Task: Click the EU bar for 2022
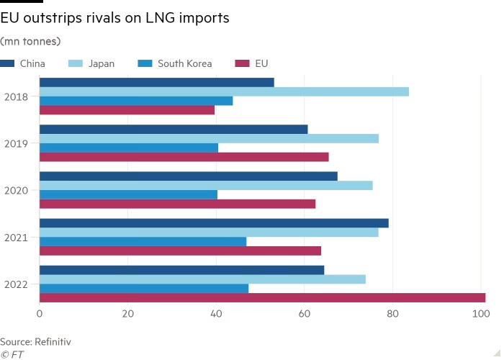[262, 297]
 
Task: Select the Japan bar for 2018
[224, 91]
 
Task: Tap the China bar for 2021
[214, 223]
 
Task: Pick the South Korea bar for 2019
[128, 148]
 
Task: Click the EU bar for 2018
[127, 110]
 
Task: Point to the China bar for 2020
[188, 176]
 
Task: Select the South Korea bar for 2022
[143, 288]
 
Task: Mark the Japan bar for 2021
[209, 233]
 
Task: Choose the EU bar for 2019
[184, 157]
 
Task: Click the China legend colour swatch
[7, 63]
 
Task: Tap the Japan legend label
[101, 63]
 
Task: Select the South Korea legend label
[184, 63]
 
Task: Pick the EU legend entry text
[261, 63]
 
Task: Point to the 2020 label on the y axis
[16, 191]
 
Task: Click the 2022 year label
[16, 284]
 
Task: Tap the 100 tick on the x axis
[480, 314]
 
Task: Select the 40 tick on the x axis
[216, 314]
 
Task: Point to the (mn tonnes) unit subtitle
[30, 41]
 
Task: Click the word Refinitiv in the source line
[51, 341]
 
